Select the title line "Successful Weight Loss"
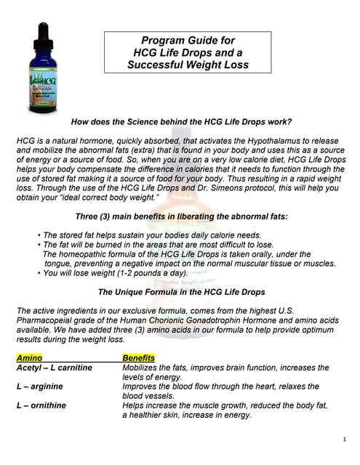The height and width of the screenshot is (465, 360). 187,64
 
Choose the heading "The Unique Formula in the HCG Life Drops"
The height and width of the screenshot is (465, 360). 181,291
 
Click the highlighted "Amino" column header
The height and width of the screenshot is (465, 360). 29,357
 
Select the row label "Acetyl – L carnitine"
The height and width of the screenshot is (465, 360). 55,368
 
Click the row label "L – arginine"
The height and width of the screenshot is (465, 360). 41,387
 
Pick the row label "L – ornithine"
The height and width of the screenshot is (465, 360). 44,405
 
